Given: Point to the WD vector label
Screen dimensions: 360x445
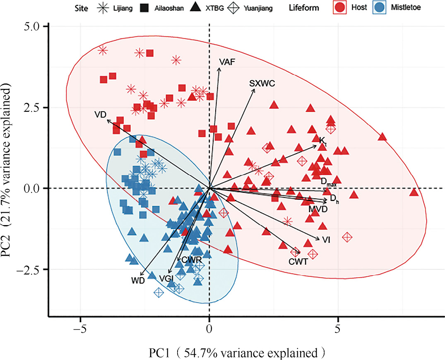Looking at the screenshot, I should point(138,281).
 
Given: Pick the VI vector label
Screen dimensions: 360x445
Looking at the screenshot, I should point(325,240).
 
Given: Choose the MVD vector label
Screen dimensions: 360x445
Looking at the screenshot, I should point(318,209).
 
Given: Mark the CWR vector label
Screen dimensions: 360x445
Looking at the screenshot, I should point(191,260).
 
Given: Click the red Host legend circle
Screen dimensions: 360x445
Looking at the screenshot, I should point(339,7).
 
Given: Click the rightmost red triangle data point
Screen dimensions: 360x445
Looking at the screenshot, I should point(414,192).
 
